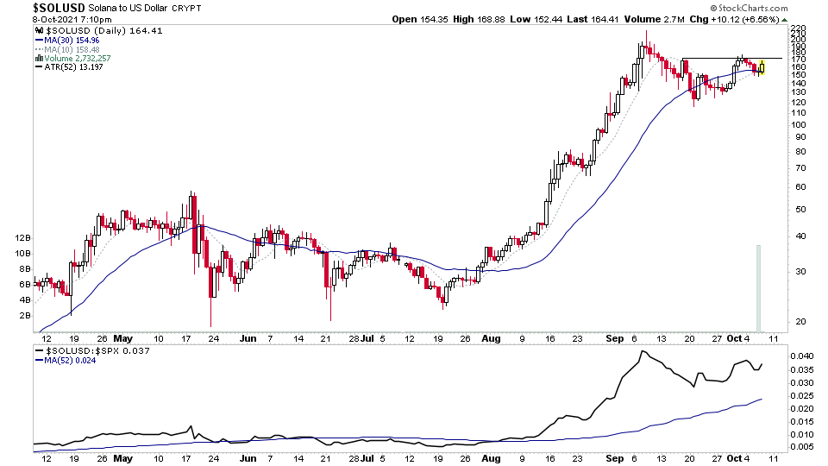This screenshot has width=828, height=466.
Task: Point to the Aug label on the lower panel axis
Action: click(490, 458)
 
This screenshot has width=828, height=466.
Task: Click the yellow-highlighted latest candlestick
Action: click(762, 66)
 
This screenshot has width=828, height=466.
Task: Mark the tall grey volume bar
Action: click(758, 287)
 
